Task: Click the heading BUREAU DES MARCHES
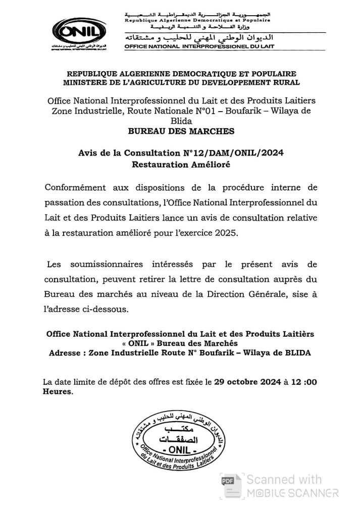click(x=181, y=131)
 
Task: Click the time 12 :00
click(x=303, y=382)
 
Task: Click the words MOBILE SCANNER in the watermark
click(x=292, y=492)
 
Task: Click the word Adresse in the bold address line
click(x=66, y=353)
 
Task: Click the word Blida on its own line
click(x=181, y=122)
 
